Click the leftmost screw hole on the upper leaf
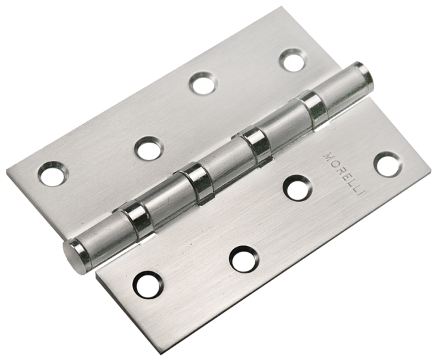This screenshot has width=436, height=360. pos(53,174)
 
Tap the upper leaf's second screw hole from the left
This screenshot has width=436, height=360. pos(149,149)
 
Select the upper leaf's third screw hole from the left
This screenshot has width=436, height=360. pos(203,83)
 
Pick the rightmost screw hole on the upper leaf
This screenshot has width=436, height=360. pos(294,60)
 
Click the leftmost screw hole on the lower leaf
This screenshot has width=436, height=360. pos(147,284)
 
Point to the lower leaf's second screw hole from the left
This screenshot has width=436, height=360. pos(244,259)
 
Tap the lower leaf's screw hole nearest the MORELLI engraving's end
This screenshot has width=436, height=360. pos(297,187)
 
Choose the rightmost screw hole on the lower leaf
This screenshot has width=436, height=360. pos(388,164)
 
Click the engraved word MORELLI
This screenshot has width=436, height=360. pos(343,174)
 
